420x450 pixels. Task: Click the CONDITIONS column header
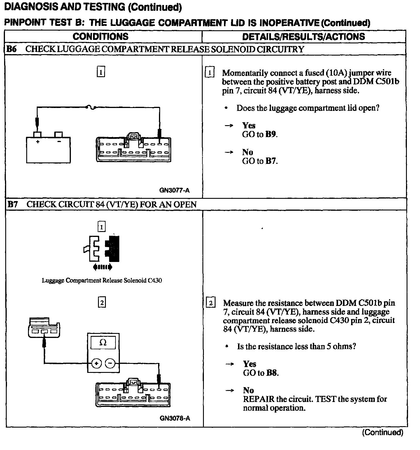click(100, 36)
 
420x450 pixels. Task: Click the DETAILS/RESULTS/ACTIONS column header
click(303, 36)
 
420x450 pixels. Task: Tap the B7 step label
click(12, 204)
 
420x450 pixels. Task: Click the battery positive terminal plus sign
click(38, 142)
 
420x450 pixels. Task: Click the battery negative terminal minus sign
click(59, 142)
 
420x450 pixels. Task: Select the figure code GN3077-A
click(174, 190)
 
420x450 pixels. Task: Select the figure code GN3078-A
click(175, 418)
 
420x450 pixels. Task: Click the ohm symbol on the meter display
click(103, 343)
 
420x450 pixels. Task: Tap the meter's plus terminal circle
click(97, 363)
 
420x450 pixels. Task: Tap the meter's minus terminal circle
click(110, 363)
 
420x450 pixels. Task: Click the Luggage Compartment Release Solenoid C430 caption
click(102, 281)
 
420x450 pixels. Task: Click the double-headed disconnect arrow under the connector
click(102, 267)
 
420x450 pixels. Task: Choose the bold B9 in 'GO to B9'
click(271, 134)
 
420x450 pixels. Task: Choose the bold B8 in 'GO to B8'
click(272, 373)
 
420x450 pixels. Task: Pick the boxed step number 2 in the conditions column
click(101, 303)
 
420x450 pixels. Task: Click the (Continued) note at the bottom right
click(382, 433)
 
